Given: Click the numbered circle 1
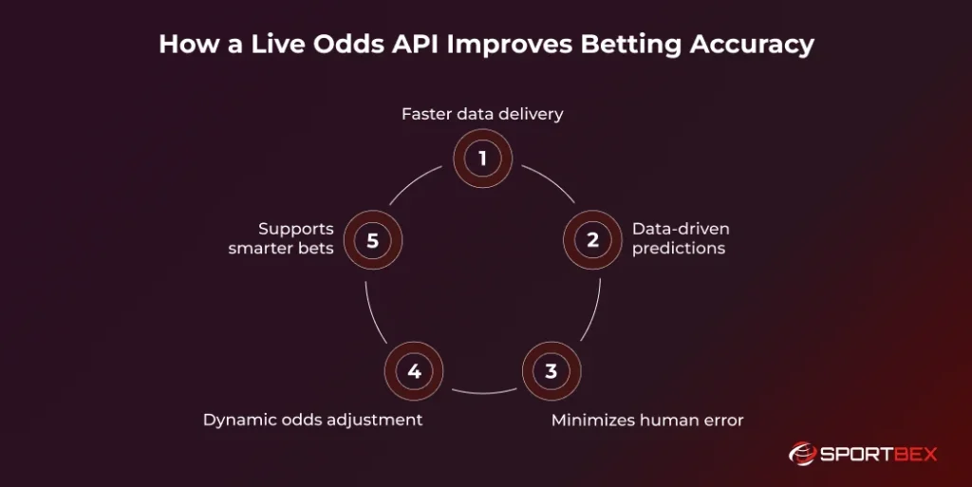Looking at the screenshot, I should [x=482, y=159].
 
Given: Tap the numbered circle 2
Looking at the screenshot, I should [x=592, y=240].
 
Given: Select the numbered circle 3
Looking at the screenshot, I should [x=551, y=370].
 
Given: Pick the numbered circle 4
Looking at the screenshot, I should [x=414, y=370].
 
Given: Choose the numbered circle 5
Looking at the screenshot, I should [x=372, y=240].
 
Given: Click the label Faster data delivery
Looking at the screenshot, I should [x=482, y=114].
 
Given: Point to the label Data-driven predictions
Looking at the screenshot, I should [x=680, y=239].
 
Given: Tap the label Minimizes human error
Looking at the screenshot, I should [x=647, y=419].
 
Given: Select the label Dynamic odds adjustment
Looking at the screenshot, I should [x=312, y=419].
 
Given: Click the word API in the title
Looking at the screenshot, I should [x=422, y=45].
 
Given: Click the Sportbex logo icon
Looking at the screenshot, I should [x=803, y=454].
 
